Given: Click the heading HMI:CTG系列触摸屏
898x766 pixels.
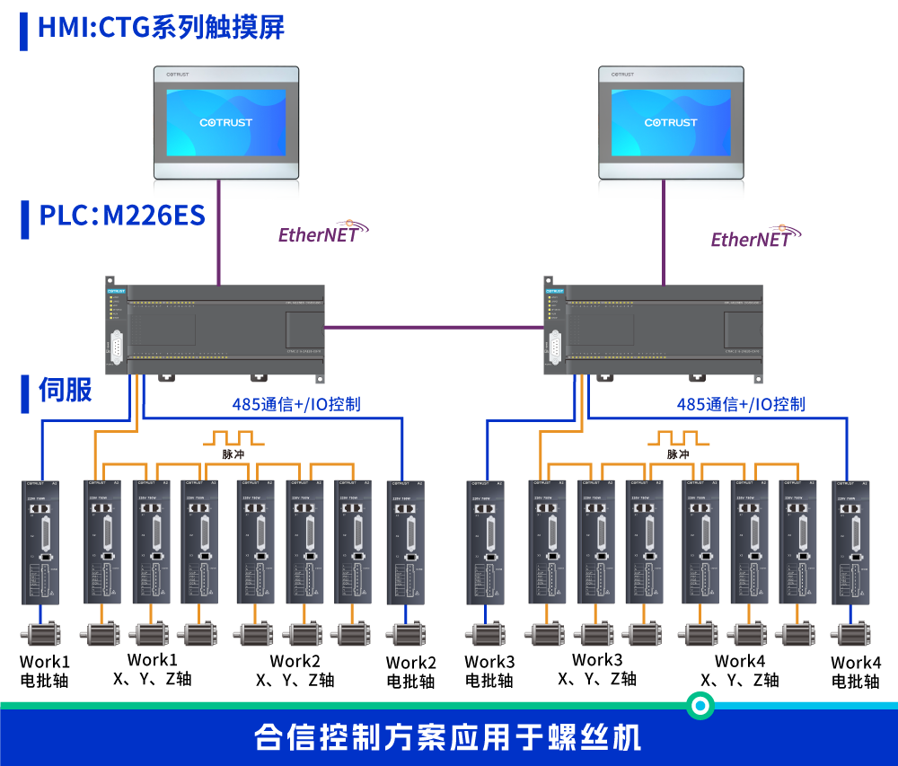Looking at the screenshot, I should tap(161, 27).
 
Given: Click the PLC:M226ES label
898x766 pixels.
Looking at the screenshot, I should tap(122, 216).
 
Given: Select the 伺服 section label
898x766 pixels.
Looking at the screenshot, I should tap(65, 390).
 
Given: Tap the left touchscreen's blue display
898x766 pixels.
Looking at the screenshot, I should tap(225, 122).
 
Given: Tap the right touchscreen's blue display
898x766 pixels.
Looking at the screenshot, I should tap(671, 122).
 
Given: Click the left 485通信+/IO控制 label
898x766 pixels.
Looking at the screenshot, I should tap(295, 405).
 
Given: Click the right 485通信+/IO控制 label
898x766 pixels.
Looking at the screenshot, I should tap(740, 405).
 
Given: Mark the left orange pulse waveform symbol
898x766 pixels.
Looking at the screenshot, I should tap(233, 438).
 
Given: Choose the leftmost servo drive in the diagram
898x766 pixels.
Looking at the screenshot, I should tap(41, 542).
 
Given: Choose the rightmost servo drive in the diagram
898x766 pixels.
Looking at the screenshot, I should tap(850, 542).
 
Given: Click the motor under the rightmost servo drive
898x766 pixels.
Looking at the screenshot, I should tap(850, 634).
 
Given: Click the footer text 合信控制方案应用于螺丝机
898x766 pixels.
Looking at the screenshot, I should tap(448, 738).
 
